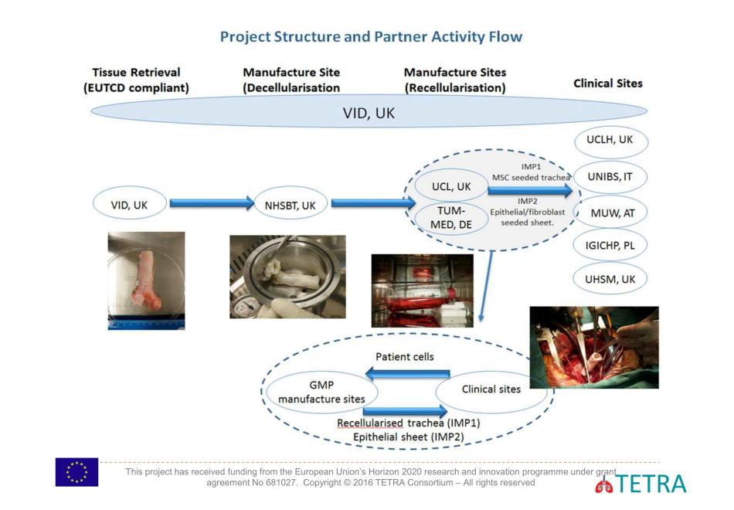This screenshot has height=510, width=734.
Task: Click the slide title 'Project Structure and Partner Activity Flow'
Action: (x=371, y=36)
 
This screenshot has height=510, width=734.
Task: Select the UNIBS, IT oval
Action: (x=610, y=177)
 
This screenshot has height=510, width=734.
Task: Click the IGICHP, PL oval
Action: (x=610, y=245)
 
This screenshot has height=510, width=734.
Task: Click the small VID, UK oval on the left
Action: (x=129, y=204)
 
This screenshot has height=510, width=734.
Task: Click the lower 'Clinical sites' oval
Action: (x=491, y=389)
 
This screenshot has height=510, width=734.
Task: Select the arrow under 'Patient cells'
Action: (x=403, y=374)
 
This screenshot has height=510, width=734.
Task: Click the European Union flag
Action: (x=76, y=472)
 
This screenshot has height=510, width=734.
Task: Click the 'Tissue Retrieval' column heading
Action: (x=136, y=80)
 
